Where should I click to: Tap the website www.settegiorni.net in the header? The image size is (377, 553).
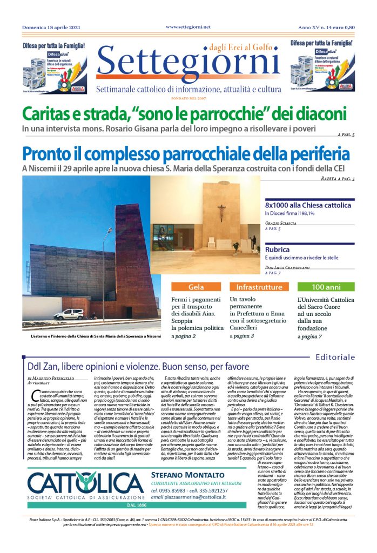coord(188,26)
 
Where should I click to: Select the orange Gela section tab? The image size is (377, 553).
coord(196,287)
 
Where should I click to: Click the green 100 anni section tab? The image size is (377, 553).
coord(326,287)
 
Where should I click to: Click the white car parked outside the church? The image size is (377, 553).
coord(69,314)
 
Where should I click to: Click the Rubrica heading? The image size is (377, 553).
coord(278,250)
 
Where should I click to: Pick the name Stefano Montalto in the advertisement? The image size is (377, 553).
coord(179,474)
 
